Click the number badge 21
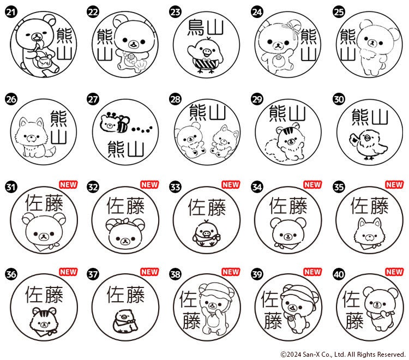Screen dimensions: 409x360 click(x=11, y=12)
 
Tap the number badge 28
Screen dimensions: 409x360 click(x=175, y=99)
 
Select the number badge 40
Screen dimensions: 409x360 click(x=339, y=274)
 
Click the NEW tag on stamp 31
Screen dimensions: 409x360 click(x=68, y=184)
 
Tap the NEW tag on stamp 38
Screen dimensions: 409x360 click(x=231, y=272)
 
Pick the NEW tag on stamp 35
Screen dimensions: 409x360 click(x=394, y=184)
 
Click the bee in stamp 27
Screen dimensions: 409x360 click(x=123, y=124)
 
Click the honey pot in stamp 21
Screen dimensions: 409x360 click(x=43, y=62)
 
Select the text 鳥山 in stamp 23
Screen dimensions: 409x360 click(x=206, y=27)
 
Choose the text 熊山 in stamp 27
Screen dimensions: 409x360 click(x=126, y=149)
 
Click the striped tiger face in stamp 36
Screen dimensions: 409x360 click(x=43, y=320)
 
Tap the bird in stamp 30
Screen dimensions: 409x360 click(x=368, y=145)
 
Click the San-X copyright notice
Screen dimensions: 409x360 click(x=343, y=354)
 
